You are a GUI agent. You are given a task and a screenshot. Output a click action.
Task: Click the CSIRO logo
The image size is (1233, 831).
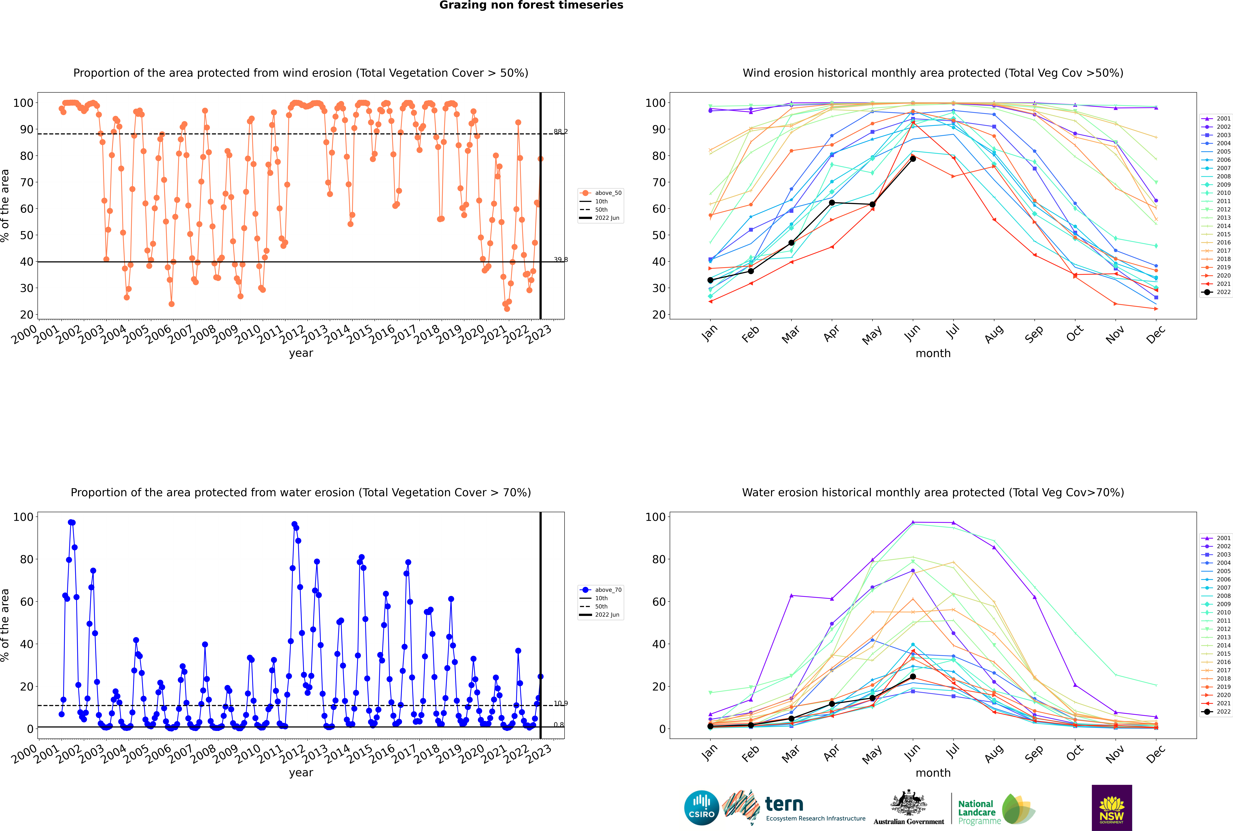701,808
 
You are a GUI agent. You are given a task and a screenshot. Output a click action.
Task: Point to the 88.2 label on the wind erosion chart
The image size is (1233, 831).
560,131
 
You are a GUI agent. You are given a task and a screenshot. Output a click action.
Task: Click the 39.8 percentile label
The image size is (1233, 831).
560,260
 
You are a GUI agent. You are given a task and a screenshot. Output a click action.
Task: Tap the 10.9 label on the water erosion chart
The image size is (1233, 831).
560,703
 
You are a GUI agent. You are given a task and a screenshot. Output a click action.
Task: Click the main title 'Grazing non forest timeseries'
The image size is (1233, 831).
531,5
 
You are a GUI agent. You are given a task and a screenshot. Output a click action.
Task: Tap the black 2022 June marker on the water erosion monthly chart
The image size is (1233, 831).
913,677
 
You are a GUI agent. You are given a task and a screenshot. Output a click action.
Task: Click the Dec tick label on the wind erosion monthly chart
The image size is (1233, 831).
1156,334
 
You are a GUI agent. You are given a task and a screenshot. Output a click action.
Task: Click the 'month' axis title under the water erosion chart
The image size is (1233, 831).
933,773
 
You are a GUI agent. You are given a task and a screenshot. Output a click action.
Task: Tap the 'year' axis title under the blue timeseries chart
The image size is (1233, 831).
301,773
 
